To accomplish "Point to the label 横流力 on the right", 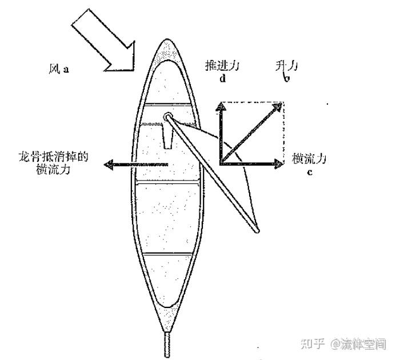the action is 309,158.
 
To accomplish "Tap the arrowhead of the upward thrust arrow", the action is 221,107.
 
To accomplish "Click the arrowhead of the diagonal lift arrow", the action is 279,107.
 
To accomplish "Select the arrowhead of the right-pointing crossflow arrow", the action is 279,163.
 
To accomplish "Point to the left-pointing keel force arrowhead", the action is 107,165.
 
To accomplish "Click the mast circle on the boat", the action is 167,117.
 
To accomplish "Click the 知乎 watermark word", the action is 314,345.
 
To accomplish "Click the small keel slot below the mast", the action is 167,137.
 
